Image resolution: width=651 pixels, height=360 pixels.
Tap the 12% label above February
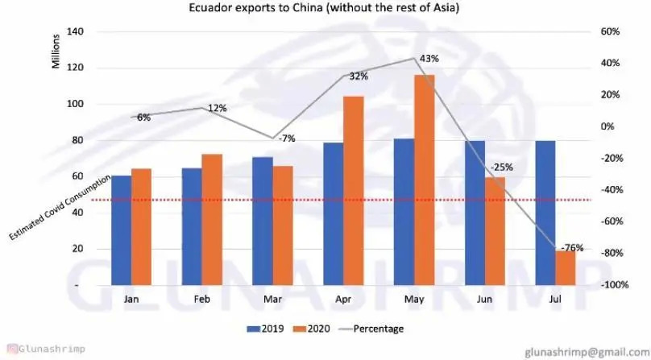coord(217,109)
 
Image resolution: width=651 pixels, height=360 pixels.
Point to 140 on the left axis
coord(77,31)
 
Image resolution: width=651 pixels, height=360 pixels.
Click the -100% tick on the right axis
coord(615,285)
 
